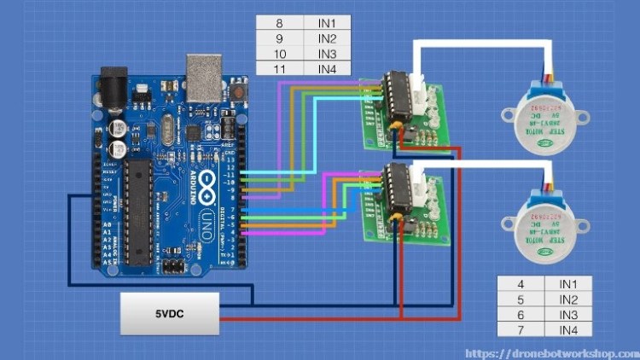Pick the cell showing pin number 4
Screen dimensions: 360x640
click(521, 284)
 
